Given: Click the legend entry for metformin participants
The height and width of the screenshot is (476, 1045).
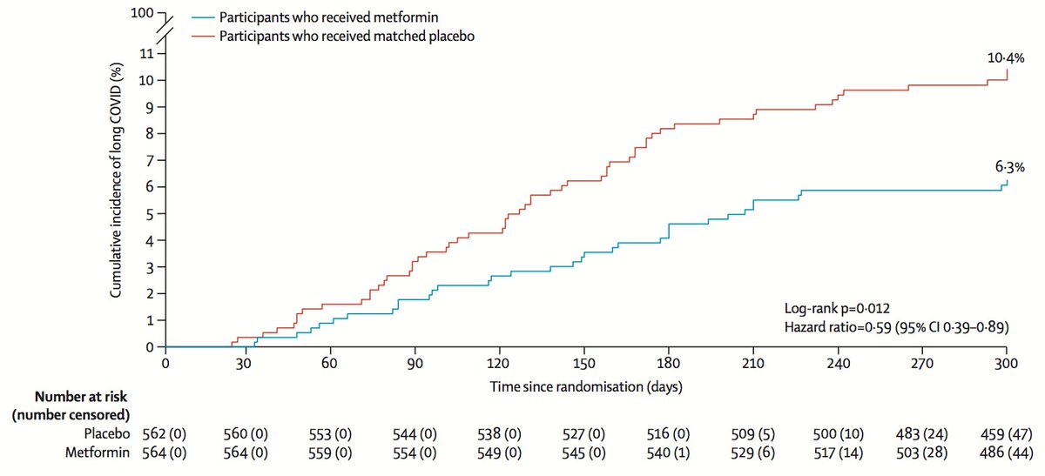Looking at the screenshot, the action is tap(315, 17).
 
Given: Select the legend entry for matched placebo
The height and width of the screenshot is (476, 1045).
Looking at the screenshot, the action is tap(333, 36).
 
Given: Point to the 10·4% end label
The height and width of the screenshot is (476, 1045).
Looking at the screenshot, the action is tap(1006, 57).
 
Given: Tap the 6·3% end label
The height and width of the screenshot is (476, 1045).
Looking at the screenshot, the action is tap(1010, 166).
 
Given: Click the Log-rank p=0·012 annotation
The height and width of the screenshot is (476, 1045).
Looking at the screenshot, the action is tap(837, 308).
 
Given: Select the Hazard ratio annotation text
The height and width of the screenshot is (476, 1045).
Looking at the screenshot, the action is tap(897, 327).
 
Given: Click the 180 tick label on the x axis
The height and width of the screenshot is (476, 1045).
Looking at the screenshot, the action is tap(668, 363).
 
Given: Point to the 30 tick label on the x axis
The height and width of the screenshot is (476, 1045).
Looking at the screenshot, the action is tap(244, 364).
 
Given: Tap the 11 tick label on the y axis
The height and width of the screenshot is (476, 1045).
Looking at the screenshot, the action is tap(146, 54).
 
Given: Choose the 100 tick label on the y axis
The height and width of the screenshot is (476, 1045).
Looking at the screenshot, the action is tap(142, 12).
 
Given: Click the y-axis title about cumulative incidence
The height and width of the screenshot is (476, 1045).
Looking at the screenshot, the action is tap(116, 180).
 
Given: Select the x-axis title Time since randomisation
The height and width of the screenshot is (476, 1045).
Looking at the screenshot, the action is tap(586, 386).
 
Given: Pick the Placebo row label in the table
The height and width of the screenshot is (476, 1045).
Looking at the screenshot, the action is tap(107, 433).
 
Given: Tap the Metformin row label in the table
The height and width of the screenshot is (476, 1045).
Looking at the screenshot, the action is tap(97, 453).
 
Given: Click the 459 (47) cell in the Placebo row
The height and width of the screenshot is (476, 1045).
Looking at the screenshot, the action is tap(1007, 434).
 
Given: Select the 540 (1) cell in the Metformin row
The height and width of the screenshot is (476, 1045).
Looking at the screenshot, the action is tap(668, 453).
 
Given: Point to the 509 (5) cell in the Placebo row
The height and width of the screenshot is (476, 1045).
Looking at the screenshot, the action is tap(753, 434).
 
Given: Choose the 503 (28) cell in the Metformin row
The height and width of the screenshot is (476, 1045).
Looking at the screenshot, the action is tap(922, 453).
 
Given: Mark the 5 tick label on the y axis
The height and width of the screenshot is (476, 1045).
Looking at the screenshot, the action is tap(149, 214).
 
